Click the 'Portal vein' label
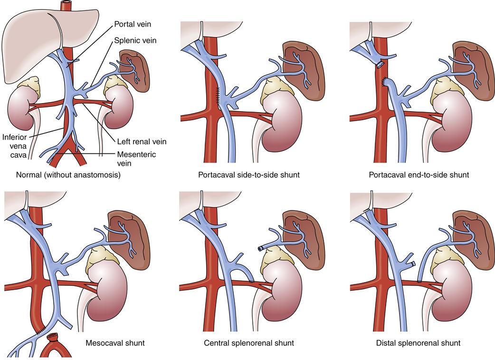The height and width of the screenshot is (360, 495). pos(133,24)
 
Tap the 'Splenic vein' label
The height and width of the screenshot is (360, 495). pos(135,40)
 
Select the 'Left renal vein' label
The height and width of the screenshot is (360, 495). pos(142,142)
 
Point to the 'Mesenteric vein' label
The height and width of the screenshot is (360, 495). pos(136,159)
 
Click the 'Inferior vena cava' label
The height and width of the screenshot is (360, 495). pos(15,146)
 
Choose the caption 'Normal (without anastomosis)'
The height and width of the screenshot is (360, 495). pos(68,174)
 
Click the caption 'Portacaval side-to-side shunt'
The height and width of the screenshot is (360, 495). pos(249,174)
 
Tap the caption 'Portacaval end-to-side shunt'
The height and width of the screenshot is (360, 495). pos(419,174)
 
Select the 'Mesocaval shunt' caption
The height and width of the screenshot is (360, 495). pos(115,342)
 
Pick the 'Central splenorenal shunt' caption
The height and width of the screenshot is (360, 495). pos(249,342)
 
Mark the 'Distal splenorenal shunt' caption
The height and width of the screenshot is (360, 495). pos(419,342)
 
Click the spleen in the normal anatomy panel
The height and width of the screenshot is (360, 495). pos(134,71)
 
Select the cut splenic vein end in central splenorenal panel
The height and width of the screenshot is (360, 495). pos(261,248)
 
